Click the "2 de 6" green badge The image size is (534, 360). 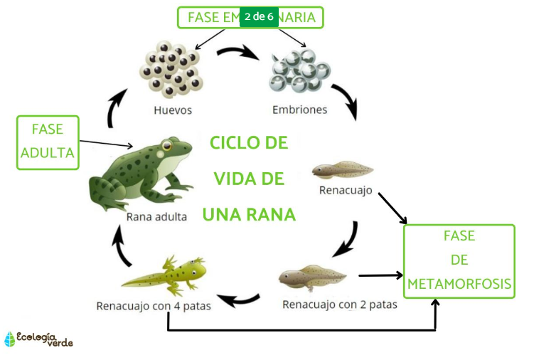[259, 16]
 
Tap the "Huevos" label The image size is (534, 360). [173, 110]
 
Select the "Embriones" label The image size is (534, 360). [299, 110]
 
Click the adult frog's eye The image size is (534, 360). [169, 147]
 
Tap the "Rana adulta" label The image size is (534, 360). [156, 216]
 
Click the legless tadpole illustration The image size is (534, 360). [342, 169]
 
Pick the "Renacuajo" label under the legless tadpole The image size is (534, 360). [346, 190]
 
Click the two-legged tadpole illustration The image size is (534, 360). [313, 275]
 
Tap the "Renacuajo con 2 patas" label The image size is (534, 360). [340, 305]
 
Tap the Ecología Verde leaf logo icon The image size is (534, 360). [9, 339]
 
